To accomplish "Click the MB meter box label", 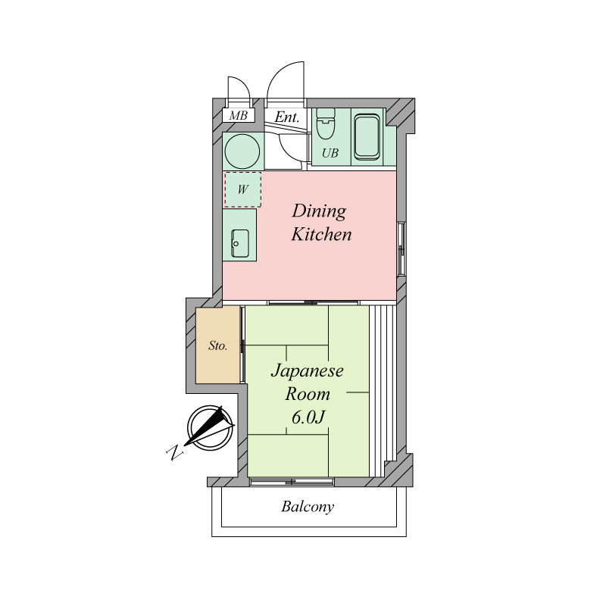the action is (238, 115).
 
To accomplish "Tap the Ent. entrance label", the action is (287, 117).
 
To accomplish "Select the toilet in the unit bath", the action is (325, 124).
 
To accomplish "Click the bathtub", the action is (367, 137).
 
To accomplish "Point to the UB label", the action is (330, 153).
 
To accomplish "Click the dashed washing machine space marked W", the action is (242, 189).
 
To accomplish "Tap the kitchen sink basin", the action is (239, 243).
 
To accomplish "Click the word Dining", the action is (319, 212).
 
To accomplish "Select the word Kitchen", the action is (321, 234).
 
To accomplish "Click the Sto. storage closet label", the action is (217, 345).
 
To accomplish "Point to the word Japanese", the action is (308, 371).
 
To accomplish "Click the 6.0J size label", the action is (308, 417).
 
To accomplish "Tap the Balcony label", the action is (308, 507).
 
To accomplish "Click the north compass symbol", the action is (210, 426).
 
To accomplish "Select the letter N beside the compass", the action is (174, 452).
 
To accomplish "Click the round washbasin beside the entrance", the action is (242, 151).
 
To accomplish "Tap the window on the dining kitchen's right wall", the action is (401, 248).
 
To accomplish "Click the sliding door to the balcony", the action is (292, 482).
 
